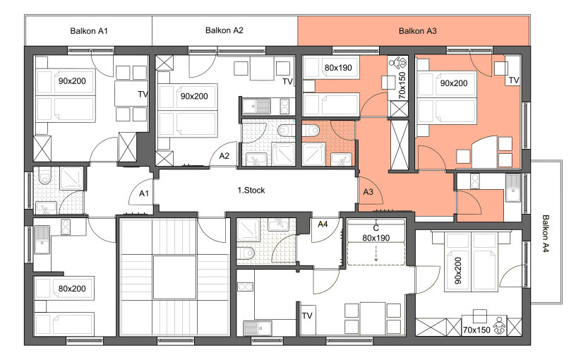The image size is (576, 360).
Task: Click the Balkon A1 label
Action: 89,31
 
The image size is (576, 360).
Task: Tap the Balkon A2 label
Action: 224,30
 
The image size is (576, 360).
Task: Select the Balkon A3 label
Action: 418,31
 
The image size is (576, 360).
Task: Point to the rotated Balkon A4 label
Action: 546,234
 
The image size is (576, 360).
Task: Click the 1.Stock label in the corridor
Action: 251,191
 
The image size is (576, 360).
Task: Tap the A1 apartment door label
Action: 144,193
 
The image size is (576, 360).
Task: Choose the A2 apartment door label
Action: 224,156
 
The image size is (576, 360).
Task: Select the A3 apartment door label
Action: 368,192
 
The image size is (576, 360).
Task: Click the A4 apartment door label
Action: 323,224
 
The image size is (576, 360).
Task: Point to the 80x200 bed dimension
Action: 72,289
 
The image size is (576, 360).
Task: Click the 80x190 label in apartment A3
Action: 338,68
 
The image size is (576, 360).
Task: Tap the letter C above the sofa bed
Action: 376,228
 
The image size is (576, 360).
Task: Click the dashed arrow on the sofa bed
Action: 376,254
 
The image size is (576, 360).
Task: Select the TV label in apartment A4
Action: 307,316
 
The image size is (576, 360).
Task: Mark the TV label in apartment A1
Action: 143,95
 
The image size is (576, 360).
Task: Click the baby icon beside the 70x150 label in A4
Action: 499,325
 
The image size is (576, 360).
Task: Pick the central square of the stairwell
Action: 174,277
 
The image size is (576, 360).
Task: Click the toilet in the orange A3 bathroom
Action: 311,130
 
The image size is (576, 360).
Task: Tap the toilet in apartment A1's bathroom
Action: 44,176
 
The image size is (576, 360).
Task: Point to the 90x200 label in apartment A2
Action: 194,96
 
